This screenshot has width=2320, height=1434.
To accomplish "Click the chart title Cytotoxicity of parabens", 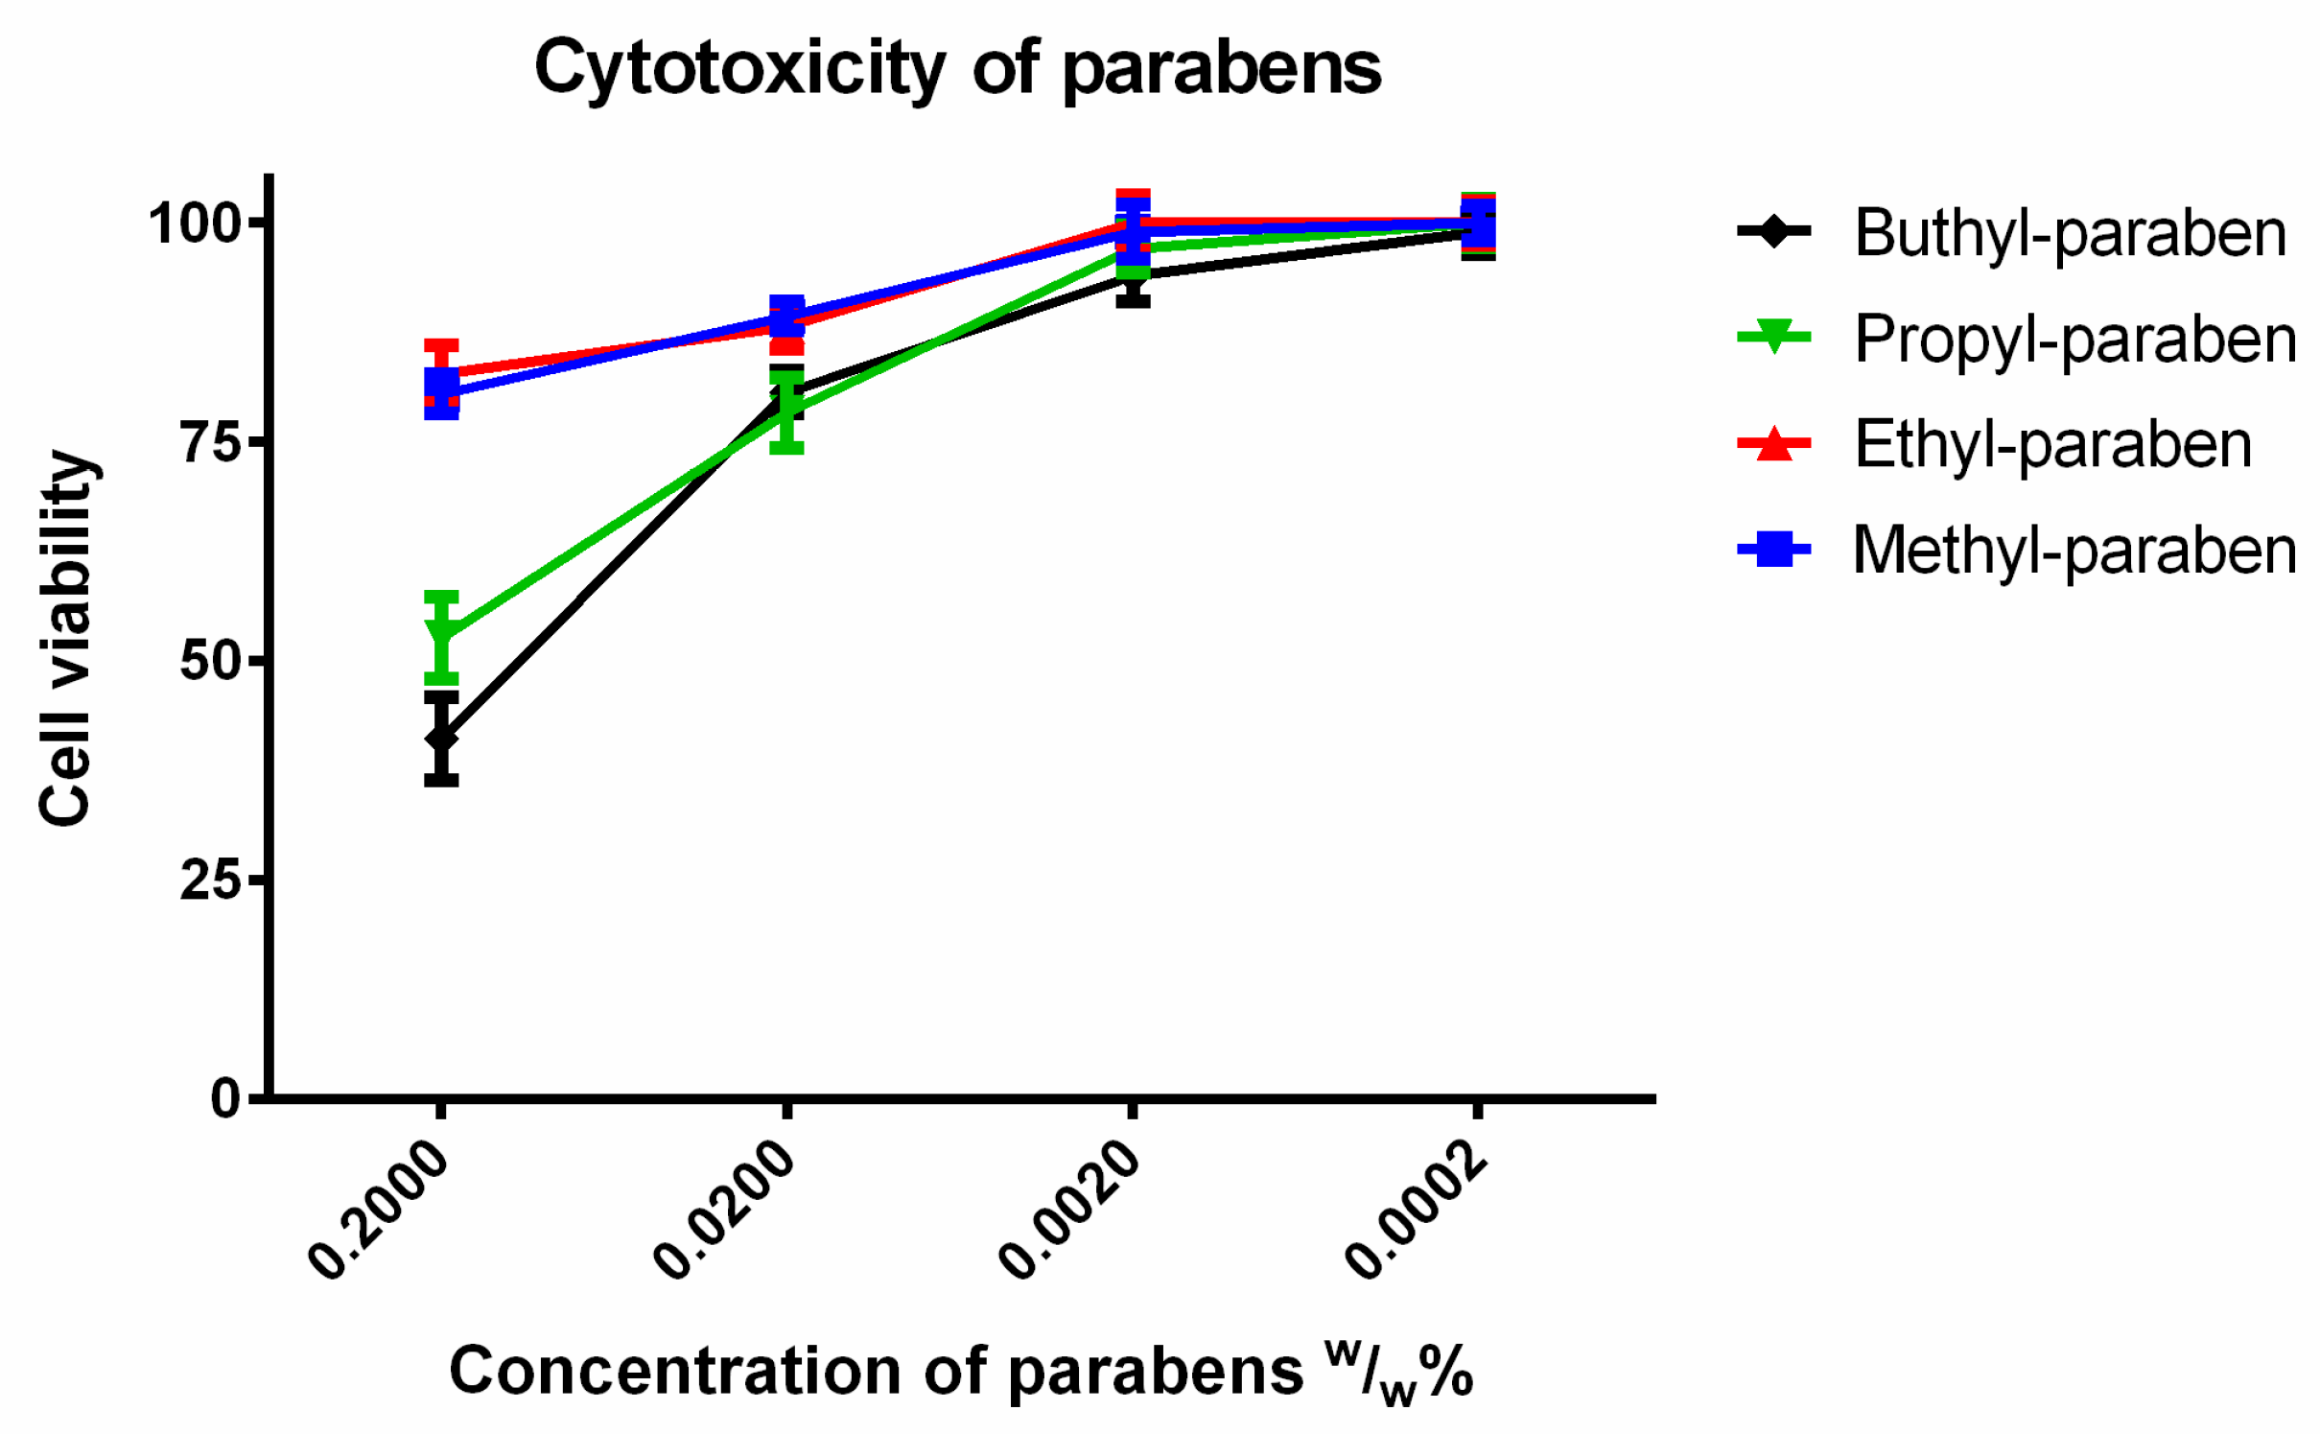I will [x=956, y=69].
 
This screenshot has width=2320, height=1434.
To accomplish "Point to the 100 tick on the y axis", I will [x=193, y=223].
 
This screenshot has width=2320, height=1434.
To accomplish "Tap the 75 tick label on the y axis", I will [x=209, y=442].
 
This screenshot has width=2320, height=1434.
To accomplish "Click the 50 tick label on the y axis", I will [x=209, y=661].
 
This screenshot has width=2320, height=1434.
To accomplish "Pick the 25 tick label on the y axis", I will [x=209, y=880].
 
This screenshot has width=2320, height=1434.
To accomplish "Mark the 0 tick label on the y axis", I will [x=225, y=1098].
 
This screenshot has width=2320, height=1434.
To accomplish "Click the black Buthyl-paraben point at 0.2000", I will [x=441, y=739].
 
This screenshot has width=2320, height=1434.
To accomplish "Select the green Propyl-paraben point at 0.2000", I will [x=441, y=634].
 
